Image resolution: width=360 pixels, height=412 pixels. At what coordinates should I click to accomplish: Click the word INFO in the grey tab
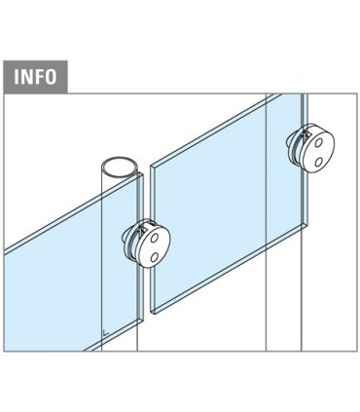pos(35,77)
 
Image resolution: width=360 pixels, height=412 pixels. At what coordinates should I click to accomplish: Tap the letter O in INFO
pos(51,77)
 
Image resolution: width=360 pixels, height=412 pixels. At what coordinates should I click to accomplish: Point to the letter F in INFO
pos(39,77)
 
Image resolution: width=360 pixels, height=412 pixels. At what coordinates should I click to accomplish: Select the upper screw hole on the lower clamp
pos(154,239)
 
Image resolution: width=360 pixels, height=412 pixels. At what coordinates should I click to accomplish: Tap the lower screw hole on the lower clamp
pos(155,257)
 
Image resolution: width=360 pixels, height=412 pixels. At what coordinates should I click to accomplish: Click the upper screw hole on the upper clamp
pos(319,142)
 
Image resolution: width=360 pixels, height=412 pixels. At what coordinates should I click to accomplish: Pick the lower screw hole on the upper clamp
pos(319,161)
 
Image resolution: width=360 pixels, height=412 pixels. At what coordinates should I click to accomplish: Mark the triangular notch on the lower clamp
pos(140,230)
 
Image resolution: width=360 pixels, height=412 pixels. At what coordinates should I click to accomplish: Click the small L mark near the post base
pos(105,332)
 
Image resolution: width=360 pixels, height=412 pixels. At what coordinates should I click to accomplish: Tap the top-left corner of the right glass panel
pos(151,167)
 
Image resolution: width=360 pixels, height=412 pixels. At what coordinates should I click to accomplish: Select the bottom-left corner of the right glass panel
pos(151,313)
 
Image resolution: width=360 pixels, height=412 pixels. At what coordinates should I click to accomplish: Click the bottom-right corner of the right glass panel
pos(307,224)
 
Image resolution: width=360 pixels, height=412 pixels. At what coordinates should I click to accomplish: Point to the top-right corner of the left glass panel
pos(143,174)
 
